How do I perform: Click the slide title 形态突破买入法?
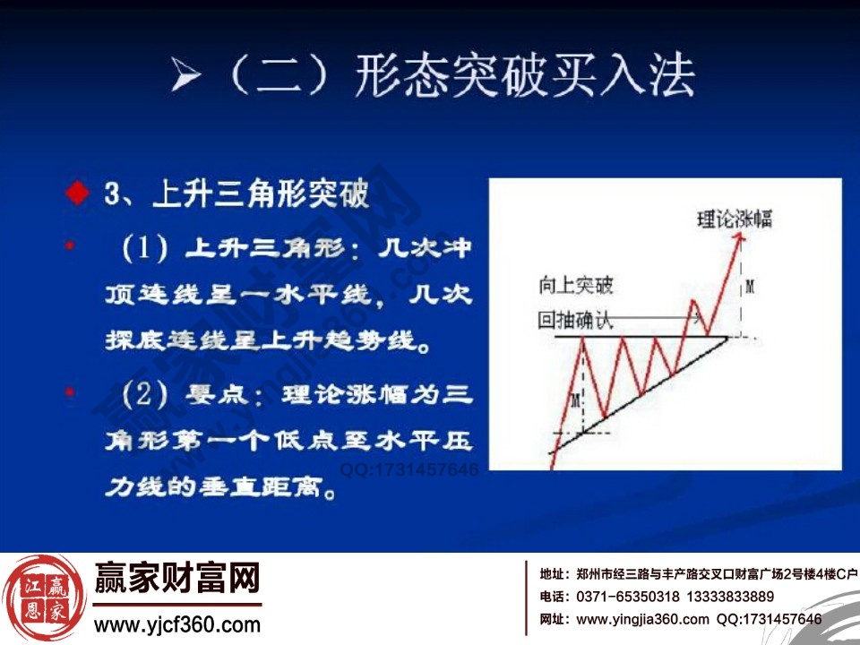click(x=524, y=74)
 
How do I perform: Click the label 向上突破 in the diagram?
click(x=576, y=286)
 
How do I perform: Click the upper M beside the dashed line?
click(x=750, y=287)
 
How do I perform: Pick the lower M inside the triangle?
click(x=577, y=397)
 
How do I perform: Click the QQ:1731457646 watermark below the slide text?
click(x=408, y=469)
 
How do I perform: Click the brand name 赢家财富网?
click(x=177, y=580)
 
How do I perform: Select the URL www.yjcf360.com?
click(x=177, y=624)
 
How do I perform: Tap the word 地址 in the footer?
click(x=553, y=574)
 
